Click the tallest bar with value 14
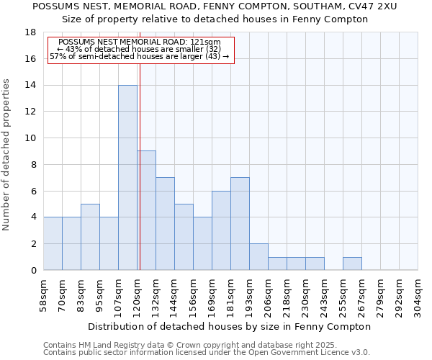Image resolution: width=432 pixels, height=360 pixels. pos(127,178)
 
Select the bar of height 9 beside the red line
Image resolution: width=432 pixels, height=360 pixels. pos(147,210)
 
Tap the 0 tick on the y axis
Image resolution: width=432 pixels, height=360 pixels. pos(33,271)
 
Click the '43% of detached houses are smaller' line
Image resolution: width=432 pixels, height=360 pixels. pos(138,49)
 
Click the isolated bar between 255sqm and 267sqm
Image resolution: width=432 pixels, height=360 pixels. pos(352,264)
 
